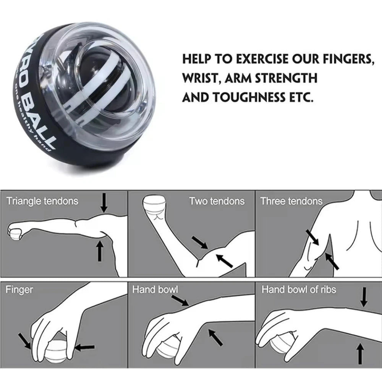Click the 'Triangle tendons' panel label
tap(42, 201)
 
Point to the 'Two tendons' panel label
tap(217, 201)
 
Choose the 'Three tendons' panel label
tap(291, 201)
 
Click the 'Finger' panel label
tap(19, 290)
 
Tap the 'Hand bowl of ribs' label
tap(299, 290)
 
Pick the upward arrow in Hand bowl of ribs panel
tap(359, 354)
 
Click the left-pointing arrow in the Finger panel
tap(85, 347)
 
